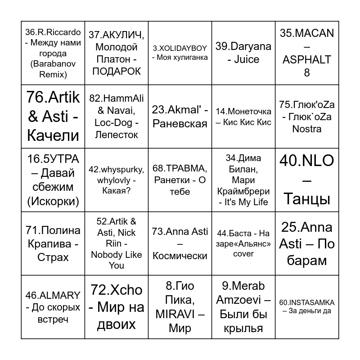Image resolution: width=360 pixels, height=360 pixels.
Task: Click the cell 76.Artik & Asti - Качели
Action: pyautogui.click(x=53, y=117)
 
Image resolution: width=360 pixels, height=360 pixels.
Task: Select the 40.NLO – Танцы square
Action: pyautogui.click(x=307, y=180)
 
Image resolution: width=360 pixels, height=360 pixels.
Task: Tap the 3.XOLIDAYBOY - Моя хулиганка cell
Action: pyautogui.click(x=180, y=53)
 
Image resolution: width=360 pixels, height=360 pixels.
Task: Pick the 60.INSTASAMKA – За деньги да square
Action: pyautogui.click(x=307, y=306)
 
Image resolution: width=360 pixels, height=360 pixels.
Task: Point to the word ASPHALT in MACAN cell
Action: pyautogui.click(x=307, y=59)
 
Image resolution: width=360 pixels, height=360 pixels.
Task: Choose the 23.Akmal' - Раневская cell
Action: pyautogui.click(x=180, y=117)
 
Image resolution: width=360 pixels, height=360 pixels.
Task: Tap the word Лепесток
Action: pyautogui.click(x=117, y=135)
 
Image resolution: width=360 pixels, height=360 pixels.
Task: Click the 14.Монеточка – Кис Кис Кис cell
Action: pyautogui.click(x=243, y=117)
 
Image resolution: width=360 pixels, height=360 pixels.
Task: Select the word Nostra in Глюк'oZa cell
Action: pyautogui.click(x=307, y=129)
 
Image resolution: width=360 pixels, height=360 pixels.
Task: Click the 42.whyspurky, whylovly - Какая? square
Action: pyautogui.click(x=117, y=180)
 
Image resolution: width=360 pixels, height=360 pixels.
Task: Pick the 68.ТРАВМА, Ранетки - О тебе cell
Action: pyautogui.click(x=180, y=180)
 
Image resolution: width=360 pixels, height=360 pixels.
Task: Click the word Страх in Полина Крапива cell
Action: pyautogui.click(x=53, y=257)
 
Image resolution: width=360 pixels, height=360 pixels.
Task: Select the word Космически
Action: pyautogui.click(x=180, y=256)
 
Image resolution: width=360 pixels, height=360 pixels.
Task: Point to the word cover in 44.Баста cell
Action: pyautogui.click(x=243, y=254)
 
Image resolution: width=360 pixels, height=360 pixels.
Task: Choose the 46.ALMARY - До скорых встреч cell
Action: pyautogui.click(x=53, y=307)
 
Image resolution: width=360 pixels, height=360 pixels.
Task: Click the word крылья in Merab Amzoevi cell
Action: pyautogui.click(x=243, y=328)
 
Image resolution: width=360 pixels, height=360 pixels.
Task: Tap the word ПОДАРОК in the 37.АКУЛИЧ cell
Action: pyautogui.click(x=117, y=71)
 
